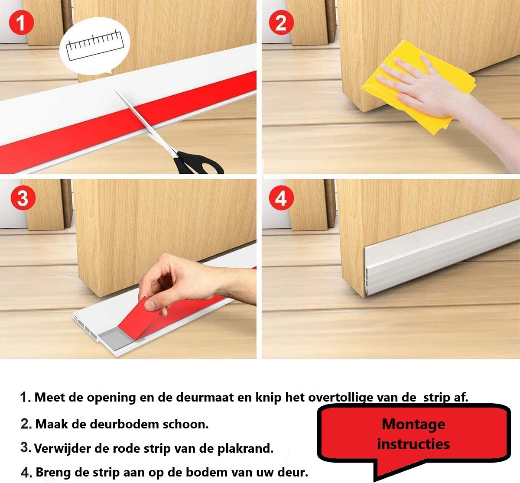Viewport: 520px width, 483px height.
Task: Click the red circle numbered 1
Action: (21, 23)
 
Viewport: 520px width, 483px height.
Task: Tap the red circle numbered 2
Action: (282, 23)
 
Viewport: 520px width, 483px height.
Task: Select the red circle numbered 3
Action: (23, 198)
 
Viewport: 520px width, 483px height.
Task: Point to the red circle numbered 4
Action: (282, 198)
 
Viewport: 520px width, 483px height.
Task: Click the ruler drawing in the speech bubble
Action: (95, 45)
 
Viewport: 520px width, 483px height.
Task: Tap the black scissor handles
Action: (199, 164)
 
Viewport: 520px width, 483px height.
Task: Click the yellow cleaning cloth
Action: (419, 86)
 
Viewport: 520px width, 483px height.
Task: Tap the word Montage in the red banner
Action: (413, 425)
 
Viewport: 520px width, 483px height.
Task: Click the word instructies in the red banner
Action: (413, 444)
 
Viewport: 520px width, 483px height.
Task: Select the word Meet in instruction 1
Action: (50, 397)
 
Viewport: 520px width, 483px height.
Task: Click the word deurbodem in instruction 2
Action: (124, 424)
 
